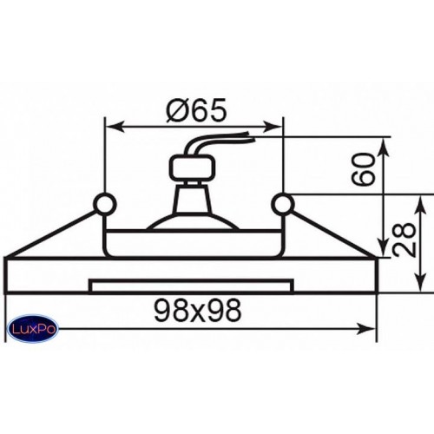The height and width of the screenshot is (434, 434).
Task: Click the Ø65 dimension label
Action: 196,111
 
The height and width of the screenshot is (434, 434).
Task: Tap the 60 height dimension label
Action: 363,169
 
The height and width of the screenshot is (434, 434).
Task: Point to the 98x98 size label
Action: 198,311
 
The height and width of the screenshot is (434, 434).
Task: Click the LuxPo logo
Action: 32,329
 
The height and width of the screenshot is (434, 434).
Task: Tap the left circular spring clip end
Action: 105,204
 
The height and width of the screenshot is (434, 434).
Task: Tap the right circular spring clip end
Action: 283,204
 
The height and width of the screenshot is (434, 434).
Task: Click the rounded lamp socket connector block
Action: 193,168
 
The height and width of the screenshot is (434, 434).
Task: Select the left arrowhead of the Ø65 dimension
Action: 114,127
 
